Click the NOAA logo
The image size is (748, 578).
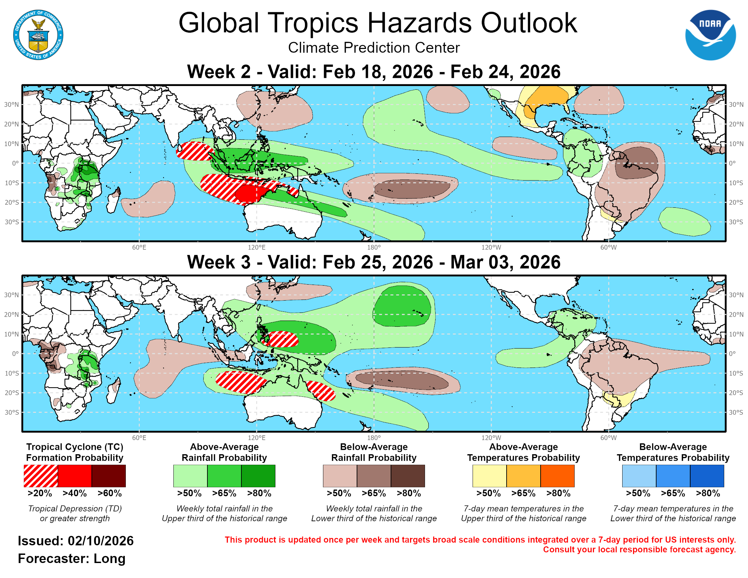[x=710, y=35]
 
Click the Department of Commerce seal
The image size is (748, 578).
[x=38, y=35]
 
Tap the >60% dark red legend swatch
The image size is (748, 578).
[x=108, y=476]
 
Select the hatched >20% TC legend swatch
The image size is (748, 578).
[x=41, y=476]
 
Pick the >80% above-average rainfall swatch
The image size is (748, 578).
[x=258, y=476]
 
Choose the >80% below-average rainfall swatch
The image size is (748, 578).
[x=408, y=476]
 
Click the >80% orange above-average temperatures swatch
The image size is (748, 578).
[x=557, y=476]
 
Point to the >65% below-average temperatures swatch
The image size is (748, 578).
[x=673, y=476]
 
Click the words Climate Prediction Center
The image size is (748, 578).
[x=374, y=48]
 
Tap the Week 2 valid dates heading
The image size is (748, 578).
[x=374, y=72]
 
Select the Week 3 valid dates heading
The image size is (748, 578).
[x=374, y=262]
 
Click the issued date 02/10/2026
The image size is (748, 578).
[x=101, y=541]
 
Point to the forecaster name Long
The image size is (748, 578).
[x=109, y=559]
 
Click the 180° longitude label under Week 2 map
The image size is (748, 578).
[x=374, y=248]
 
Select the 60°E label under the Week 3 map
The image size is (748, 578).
[x=139, y=438]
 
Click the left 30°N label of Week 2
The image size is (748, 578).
[x=11, y=104]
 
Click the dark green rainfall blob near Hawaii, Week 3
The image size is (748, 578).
[x=401, y=305]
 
